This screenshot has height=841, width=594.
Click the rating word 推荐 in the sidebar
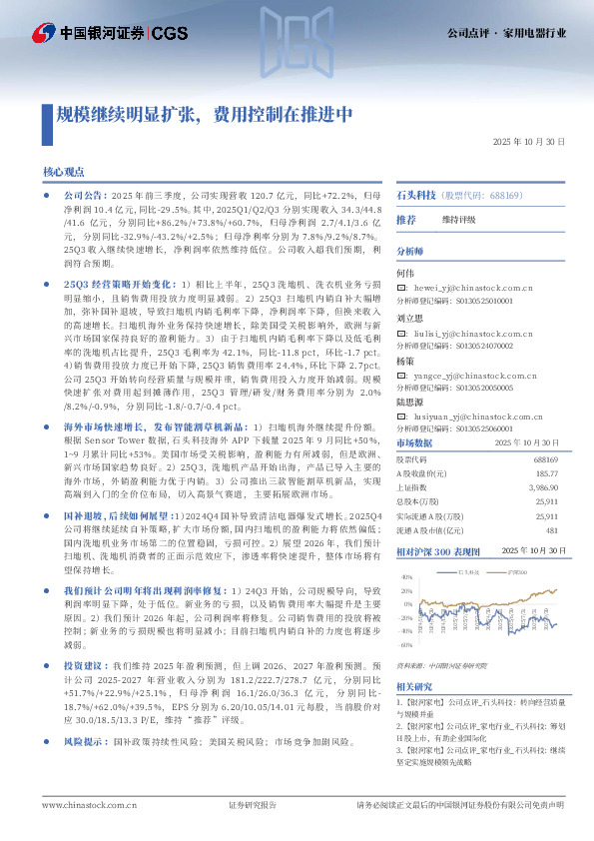pyautogui.click(x=406, y=219)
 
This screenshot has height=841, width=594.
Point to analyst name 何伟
pyautogui.click(x=405, y=273)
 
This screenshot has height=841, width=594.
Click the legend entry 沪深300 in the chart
pyautogui.click(x=517, y=572)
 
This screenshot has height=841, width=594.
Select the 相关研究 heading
pyautogui.click(x=413, y=686)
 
